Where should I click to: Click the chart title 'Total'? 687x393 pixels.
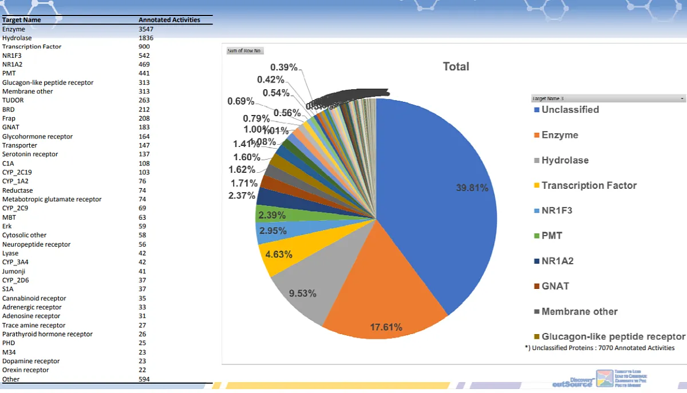456,66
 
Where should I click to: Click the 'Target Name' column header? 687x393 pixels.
22,19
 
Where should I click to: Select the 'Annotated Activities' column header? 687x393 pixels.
169,19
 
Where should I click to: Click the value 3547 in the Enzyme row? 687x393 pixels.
146,29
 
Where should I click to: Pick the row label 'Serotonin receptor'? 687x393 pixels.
30,154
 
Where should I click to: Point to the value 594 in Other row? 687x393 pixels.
144,379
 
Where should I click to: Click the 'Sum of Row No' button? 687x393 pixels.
244,50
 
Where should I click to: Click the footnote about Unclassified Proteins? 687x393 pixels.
599,348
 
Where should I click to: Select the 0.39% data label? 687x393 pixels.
284,68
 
